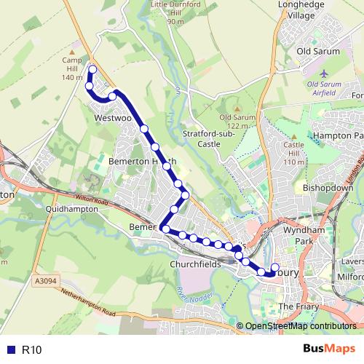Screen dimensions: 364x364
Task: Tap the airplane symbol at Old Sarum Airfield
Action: coord(325,74)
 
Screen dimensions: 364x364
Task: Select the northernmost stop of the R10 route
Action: coord(92,69)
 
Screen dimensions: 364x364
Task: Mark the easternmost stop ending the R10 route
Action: coord(275,266)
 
